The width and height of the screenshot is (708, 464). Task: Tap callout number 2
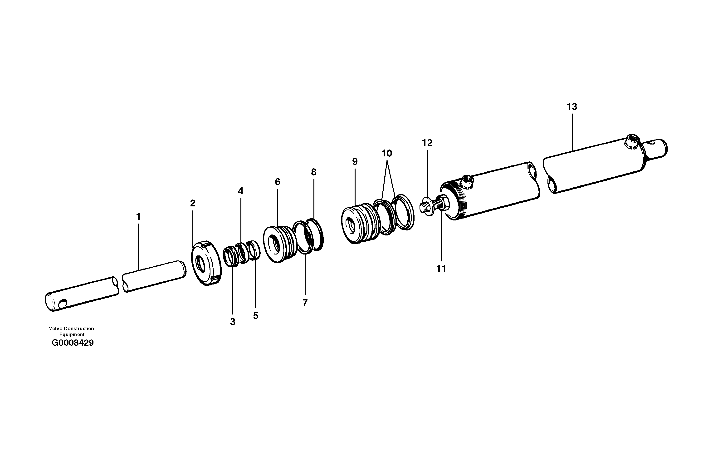(x=193, y=203)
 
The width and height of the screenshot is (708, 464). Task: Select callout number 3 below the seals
(x=233, y=322)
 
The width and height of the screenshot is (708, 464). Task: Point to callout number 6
(x=278, y=182)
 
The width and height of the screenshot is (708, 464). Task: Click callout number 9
(x=355, y=162)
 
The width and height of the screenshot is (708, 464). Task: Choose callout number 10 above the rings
(x=387, y=153)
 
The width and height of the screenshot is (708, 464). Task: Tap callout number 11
(x=441, y=269)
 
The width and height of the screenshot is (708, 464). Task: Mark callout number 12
(x=427, y=143)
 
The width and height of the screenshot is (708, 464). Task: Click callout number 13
(x=572, y=107)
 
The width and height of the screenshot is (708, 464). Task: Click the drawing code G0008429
(x=73, y=343)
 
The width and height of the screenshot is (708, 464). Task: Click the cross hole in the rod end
(x=63, y=304)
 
